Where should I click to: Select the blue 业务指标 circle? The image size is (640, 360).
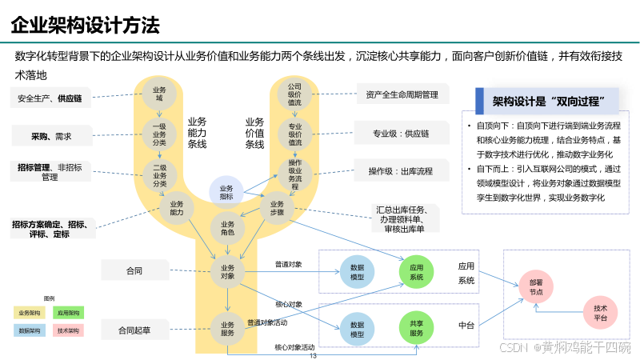tap(226, 193)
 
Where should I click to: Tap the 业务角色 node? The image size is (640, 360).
tap(227, 229)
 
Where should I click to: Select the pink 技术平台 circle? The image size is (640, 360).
tap(600, 312)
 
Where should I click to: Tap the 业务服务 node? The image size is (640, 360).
tap(227, 328)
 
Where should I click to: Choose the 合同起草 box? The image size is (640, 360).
tap(134, 329)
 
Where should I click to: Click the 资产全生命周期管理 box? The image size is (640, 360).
tap(402, 94)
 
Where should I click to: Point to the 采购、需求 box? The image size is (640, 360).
tap(51, 137)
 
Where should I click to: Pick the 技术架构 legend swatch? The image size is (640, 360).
tap(69, 330)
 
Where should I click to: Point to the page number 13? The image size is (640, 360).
tap(314, 345)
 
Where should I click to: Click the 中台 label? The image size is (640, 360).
tap(466, 326)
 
